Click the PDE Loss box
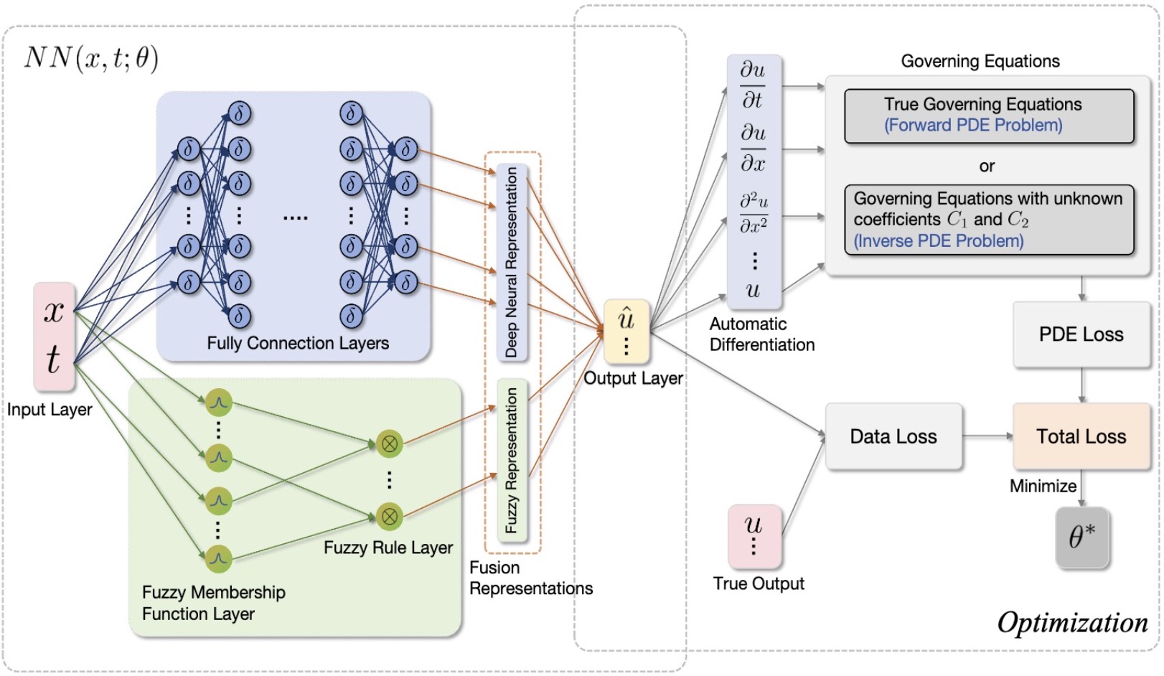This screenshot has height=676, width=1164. click(x=1081, y=334)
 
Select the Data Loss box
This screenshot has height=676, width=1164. click(x=893, y=436)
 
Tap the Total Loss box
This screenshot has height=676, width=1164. click(x=1081, y=436)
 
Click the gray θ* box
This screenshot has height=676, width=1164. click(x=1082, y=537)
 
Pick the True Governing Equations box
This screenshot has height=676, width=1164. click(x=989, y=116)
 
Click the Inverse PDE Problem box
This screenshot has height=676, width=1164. click(x=989, y=220)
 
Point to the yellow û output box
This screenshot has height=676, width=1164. click(x=626, y=331)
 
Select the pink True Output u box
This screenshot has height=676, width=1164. click(x=754, y=536)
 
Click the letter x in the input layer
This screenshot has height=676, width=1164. click(x=54, y=311)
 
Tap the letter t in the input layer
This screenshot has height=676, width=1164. click(x=54, y=359)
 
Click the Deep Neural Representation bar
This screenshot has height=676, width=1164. click(x=512, y=263)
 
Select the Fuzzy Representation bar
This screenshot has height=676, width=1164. click(x=512, y=461)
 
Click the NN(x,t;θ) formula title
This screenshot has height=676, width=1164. click(x=91, y=57)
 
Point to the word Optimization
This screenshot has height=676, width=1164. click(x=1073, y=622)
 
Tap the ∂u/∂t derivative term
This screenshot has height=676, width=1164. click(x=753, y=85)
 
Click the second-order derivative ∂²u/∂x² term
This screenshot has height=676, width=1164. click(x=754, y=213)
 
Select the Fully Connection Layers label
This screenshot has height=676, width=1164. click(x=298, y=343)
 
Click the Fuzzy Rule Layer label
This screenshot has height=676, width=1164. click(x=388, y=548)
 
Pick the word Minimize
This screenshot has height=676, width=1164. click(x=1043, y=487)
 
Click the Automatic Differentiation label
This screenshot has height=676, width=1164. click(x=762, y=334)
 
